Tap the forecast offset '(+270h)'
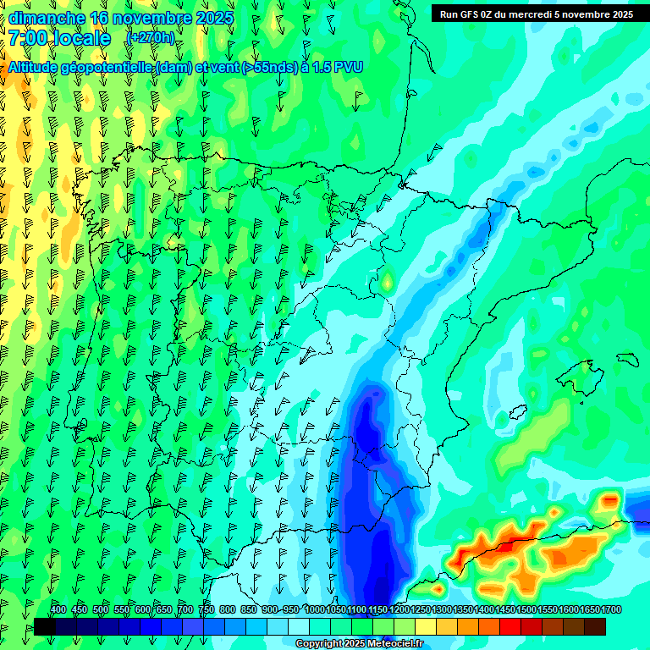[150, 38]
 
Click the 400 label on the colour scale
[58, 609]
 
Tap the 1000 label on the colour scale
[315, 609]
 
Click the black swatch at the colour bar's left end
[45, 626]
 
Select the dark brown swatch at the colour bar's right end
[594, 626]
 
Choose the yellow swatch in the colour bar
[426, 626]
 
